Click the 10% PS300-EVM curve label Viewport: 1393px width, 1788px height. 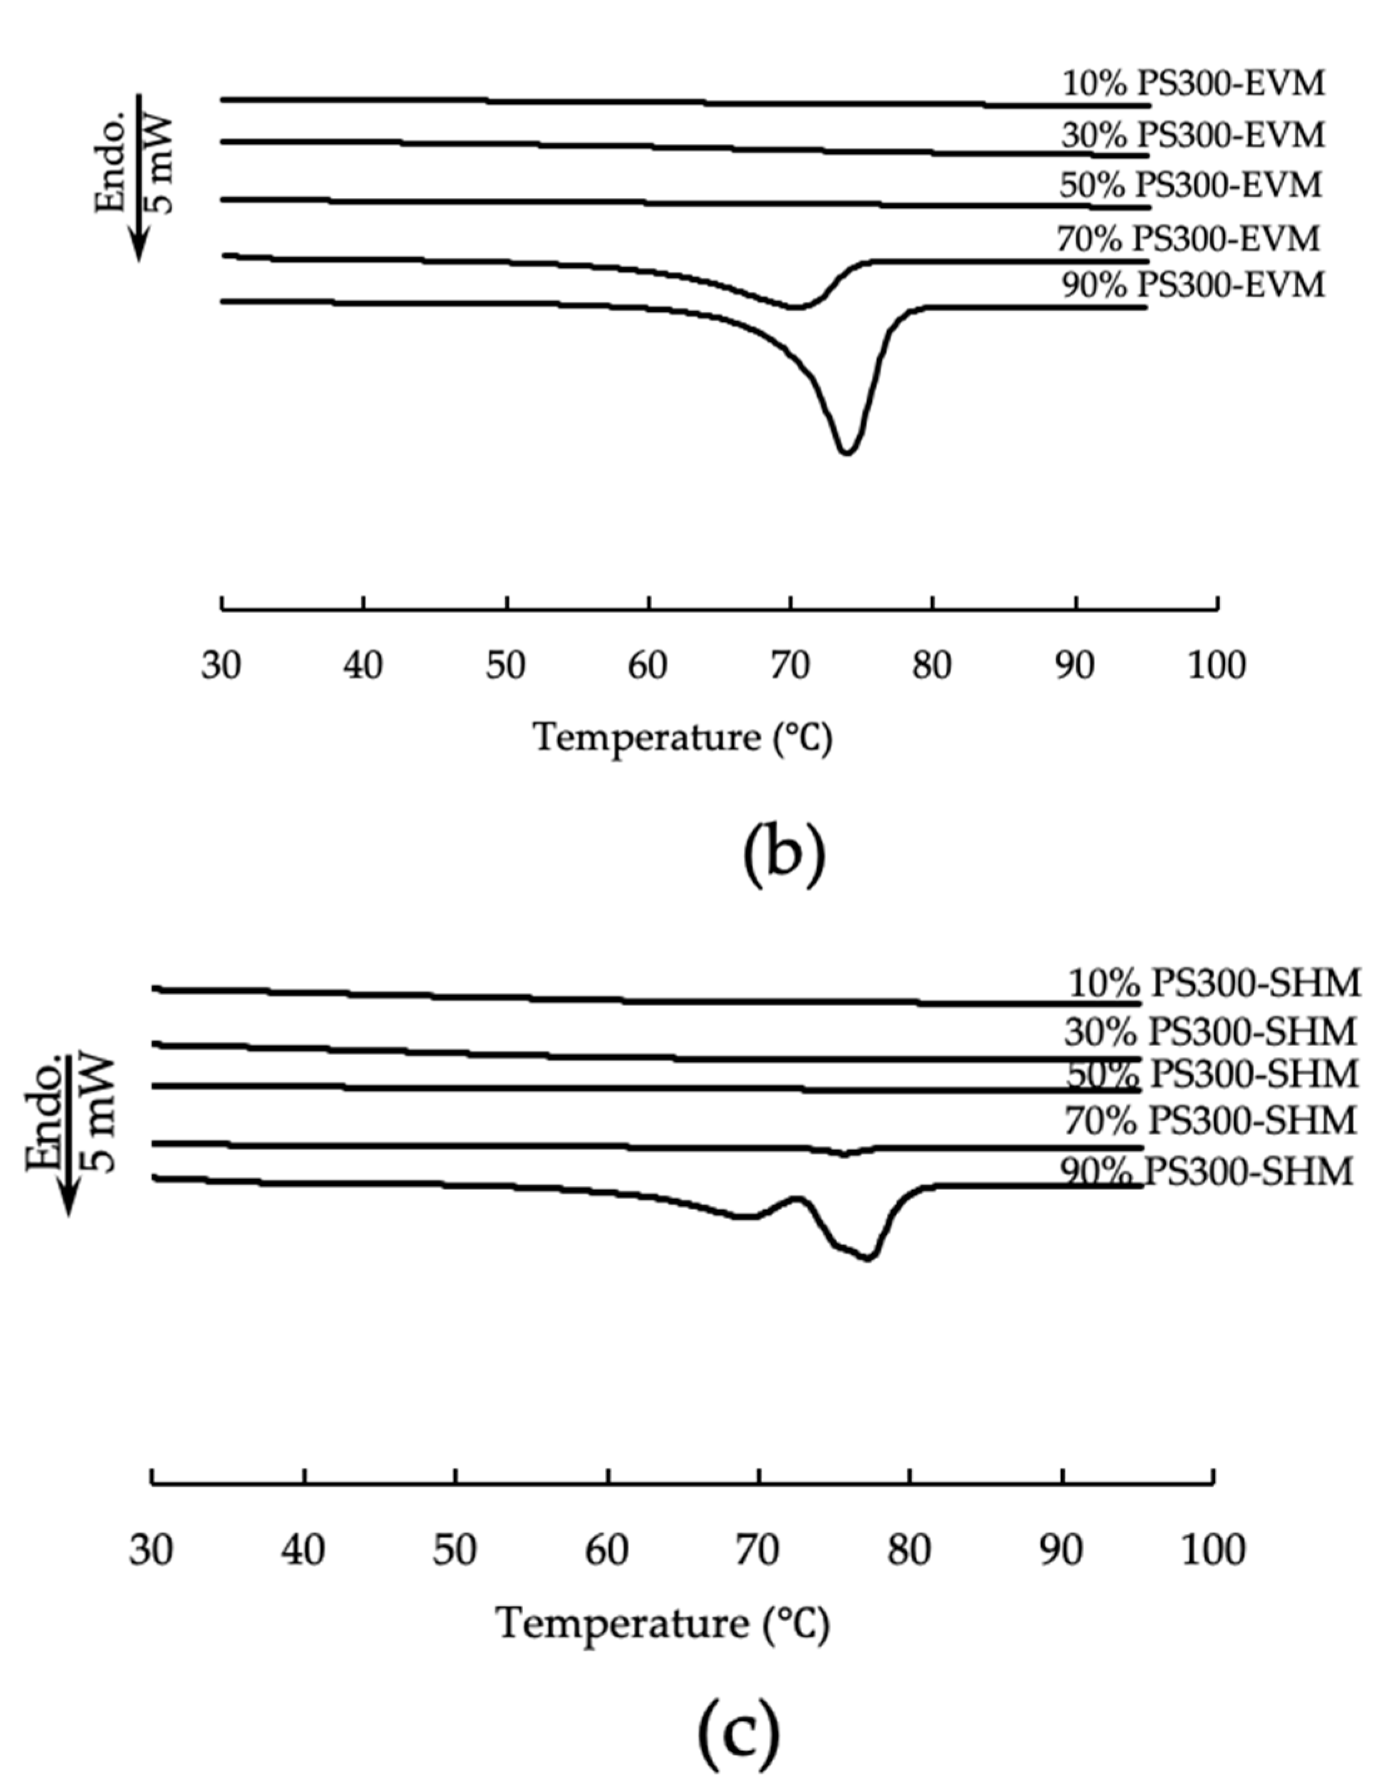click(1193, 83)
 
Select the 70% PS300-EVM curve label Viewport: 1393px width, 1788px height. click(1188, 239)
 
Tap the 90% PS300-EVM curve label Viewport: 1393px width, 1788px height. click(1193, 285)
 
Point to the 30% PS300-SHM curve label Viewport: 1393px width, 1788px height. click(1210, 1032)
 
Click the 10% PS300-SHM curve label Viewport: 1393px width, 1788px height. click(1214, 982)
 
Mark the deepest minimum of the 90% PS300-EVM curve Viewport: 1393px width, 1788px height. click(846, 451)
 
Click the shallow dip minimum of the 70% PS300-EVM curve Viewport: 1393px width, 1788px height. click(794, 307)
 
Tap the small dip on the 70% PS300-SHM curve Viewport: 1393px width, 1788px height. click(843, 1154)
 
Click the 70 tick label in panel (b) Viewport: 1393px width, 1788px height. click(789, 665)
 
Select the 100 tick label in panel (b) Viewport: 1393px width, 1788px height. click(1217, 665)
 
